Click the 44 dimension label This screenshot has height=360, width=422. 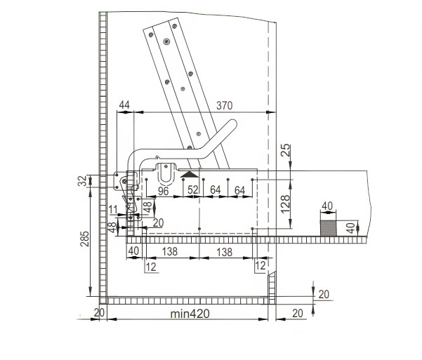[x=124, y=105]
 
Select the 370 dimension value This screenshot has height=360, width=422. [x=225, y=106]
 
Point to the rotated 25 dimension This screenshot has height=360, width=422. [x=286, y=150]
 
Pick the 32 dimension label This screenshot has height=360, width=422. [x=83, y=181]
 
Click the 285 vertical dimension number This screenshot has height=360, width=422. [x=84, y=239]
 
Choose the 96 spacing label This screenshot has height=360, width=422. [x=163, y=192]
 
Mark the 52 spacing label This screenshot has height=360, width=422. [x=192, y=190]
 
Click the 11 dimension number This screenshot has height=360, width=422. [x=113, y=209]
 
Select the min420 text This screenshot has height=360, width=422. [x=190, y=314]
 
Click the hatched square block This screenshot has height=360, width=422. [x=329, y=228]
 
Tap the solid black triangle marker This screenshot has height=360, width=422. [x=190, y=174]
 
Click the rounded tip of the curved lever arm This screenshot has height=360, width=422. [x=232, y=124]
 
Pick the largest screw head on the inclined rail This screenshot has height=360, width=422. [x=166, y=41]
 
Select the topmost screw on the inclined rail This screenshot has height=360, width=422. [x=174, y=26]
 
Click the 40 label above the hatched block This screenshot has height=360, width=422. [x=327, y=206]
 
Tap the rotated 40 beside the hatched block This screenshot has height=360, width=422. [x=350, y=228]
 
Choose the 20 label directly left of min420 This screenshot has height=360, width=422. [x=99, y=313]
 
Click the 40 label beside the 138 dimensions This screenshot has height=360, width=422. [x=133, y=251]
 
